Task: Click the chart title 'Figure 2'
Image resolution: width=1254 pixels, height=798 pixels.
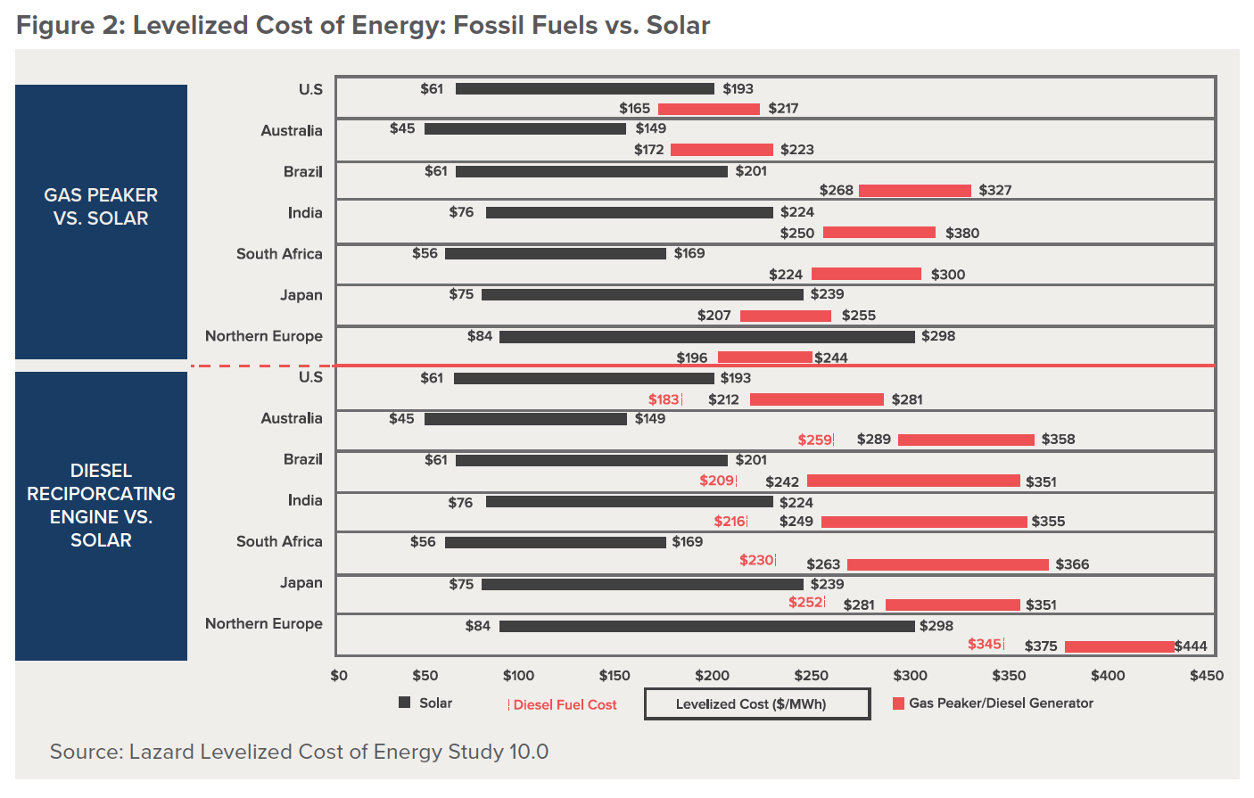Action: (363, 25)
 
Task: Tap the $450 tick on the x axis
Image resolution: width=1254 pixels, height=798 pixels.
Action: (1207, 675)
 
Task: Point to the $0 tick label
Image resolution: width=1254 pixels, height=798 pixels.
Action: (339, 675)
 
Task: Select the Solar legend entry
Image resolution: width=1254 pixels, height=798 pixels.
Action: (426, 703)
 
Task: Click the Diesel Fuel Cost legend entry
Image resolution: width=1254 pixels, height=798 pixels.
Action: (563, 704)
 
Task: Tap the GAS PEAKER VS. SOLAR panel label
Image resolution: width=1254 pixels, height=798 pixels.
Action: (101, 207)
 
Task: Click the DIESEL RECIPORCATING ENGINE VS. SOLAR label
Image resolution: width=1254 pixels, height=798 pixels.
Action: (101, 505)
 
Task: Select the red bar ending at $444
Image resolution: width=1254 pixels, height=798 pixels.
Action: (1119, 646)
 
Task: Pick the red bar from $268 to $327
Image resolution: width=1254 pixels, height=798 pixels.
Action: (914, 191)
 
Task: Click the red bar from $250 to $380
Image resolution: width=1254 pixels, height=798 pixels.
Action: (879, 233)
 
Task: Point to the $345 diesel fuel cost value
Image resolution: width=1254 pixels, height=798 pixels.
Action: (985, 644)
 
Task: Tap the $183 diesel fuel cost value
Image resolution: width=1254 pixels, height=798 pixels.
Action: (664, 399)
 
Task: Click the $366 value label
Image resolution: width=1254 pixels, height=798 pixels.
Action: (1072, 564)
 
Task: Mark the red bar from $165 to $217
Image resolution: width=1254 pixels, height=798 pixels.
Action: (709, 109)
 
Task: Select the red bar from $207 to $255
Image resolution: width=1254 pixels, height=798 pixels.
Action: (785, 316)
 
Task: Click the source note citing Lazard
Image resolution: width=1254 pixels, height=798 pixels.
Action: (299, 752)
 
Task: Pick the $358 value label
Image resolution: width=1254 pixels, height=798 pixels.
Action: (1058, 439)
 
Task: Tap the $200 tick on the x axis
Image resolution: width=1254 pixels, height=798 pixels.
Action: (713, 675)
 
